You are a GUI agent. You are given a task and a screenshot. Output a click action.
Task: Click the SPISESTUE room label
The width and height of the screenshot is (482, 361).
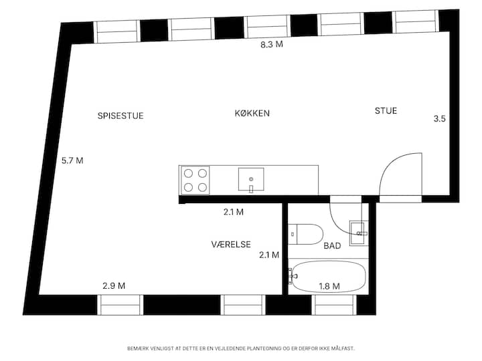point(120,116)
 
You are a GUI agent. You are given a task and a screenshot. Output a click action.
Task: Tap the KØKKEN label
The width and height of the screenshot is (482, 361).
point(252,113)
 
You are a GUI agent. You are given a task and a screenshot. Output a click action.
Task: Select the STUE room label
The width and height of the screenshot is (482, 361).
point(386,110)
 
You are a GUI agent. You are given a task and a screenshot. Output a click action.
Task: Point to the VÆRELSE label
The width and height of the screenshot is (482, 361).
point(231,245)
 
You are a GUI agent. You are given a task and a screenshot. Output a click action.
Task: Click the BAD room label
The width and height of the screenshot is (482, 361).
point(332,245)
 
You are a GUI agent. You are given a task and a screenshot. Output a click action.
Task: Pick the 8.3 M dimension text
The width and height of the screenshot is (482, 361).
point(272,45)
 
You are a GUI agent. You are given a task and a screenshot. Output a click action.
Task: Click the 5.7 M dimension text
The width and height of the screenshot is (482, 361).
point(72,160)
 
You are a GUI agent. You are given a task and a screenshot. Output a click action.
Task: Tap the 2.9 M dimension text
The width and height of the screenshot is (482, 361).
point(114,286)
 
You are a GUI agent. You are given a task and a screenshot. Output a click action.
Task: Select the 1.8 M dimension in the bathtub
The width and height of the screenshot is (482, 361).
point(329,286)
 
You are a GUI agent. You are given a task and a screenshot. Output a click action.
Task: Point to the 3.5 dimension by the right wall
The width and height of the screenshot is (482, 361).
point(440,118)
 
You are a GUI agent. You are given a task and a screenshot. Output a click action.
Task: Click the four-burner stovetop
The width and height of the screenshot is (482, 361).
point(195,180)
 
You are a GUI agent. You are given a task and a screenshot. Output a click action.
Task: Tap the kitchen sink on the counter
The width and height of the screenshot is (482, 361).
point(251,180)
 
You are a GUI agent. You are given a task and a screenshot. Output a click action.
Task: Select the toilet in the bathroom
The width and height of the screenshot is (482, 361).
point(305,234)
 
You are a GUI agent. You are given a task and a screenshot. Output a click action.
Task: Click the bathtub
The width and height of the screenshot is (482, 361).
point(328,277)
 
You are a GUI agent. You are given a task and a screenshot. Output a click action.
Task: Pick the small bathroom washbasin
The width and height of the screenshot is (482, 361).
point(359,233)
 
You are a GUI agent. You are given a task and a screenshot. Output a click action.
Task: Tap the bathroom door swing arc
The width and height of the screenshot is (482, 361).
point(338,225)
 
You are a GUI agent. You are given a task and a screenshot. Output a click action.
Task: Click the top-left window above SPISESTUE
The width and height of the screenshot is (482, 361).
point(116,31)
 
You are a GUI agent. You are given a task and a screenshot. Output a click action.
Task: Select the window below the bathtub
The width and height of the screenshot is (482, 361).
point(334,305)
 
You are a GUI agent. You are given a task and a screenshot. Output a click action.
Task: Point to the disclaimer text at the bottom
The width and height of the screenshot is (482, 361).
point(241,348)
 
